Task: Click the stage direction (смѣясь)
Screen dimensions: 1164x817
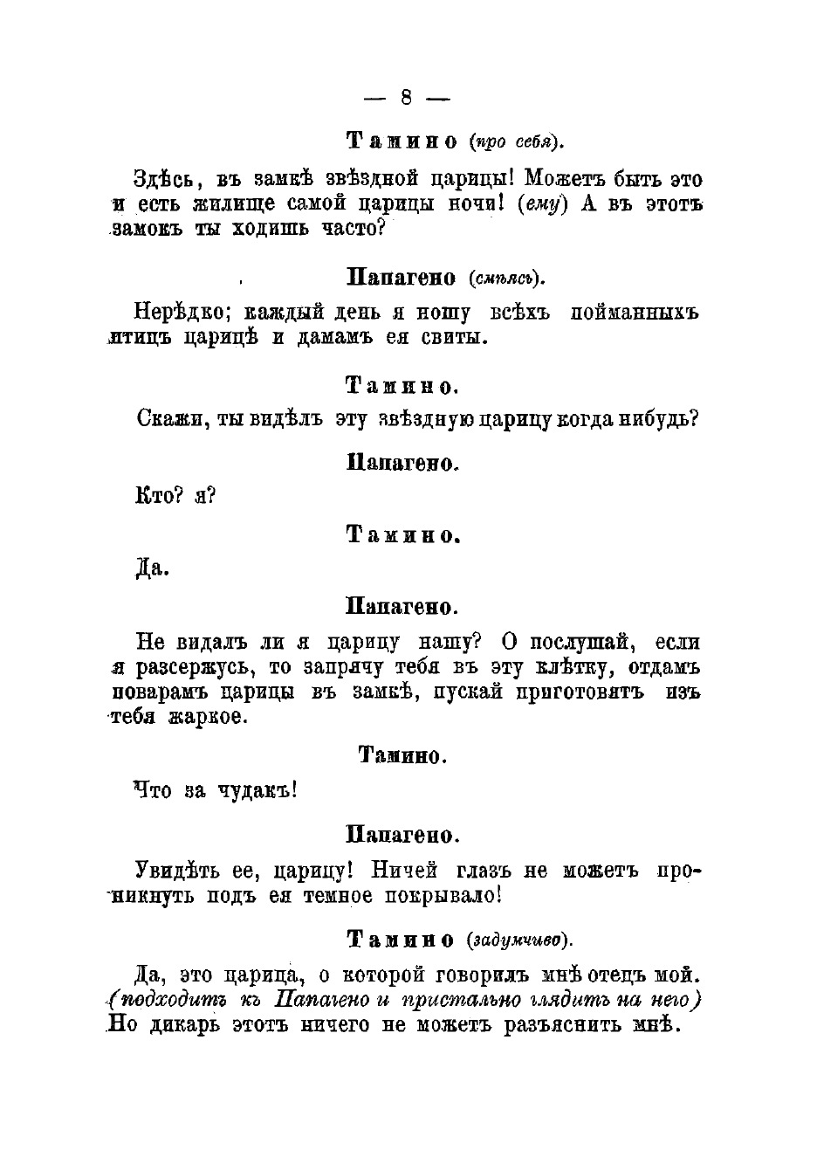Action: click(505, 279)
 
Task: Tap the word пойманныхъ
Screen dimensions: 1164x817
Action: click(635, 313)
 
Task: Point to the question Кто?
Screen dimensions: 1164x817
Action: click(158, 497)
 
